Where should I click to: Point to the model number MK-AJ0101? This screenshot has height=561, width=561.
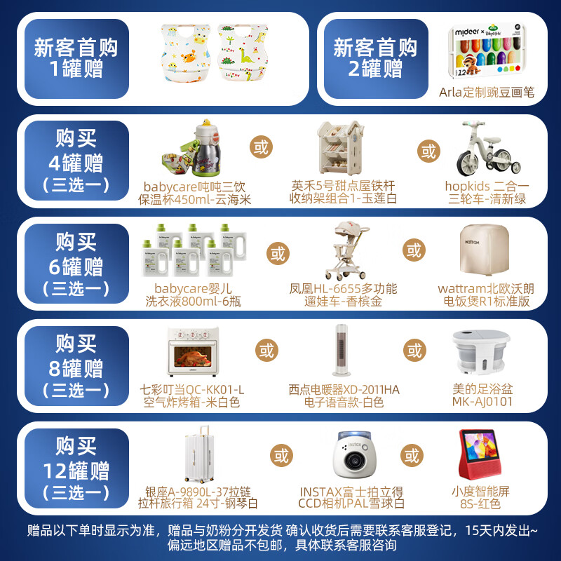click(482, 403)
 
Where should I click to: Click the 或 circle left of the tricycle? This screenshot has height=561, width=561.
click(427, 151)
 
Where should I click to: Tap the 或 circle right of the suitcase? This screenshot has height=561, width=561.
click(281, 456)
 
